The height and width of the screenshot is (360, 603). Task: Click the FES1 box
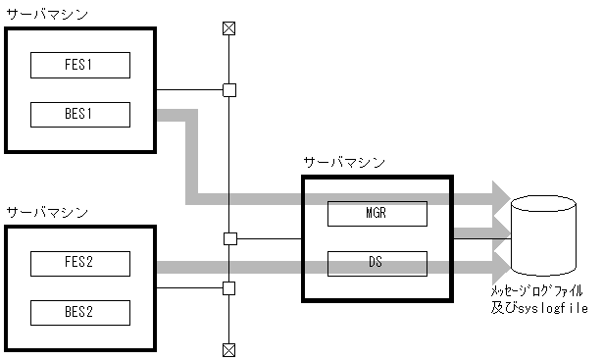(80, 66)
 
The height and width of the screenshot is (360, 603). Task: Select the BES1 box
(80, 114)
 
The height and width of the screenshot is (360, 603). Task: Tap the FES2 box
(80, 264)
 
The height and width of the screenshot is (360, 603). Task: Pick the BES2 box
(80, 312)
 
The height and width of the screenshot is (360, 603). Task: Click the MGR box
(377, 213)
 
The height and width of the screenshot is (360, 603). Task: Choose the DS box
(377, 263)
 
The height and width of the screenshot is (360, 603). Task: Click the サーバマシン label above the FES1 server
(45, 14)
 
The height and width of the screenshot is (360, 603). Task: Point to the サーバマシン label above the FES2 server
(45, 212)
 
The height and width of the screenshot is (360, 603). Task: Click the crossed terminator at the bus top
(229, 27)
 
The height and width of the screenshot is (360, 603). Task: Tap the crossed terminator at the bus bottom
(229, 348)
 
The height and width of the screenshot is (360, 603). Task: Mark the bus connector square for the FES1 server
(229, 90)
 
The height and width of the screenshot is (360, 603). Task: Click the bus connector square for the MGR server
(229, 238)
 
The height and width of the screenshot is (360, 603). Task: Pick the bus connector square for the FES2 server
(229, 287)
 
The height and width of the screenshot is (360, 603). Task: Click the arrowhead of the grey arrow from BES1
(500, 199)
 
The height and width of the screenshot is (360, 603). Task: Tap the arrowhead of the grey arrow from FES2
(500, 265)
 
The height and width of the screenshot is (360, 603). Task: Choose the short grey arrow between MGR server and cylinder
(480, 232)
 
